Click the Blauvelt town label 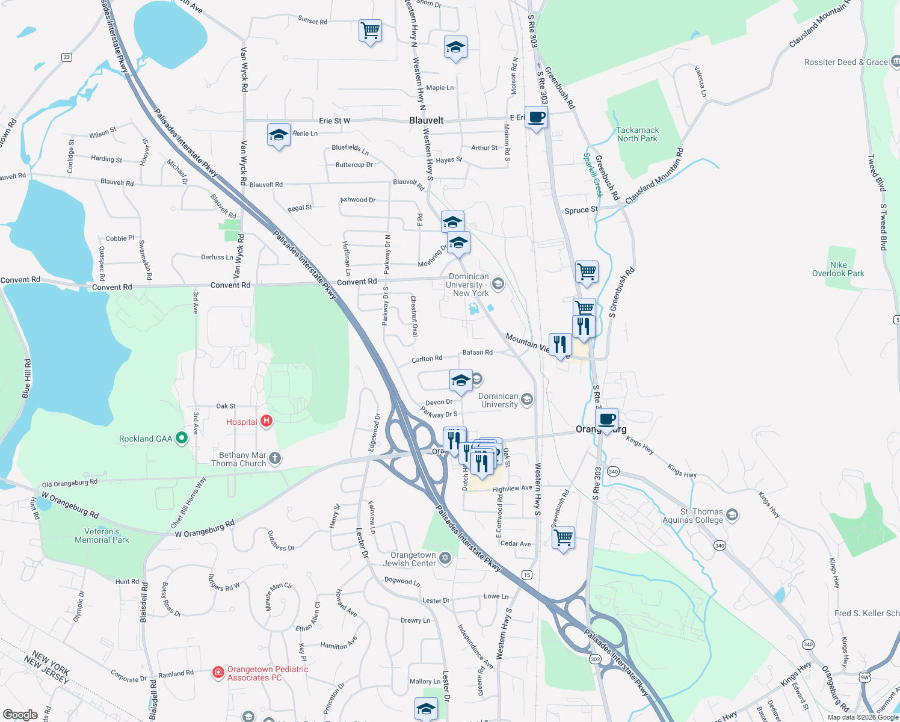tap(426, 120)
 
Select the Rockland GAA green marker tap(181, 439)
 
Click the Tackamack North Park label tap(637, 134)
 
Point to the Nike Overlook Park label tap(838, 269)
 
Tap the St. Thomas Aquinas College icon tap(732, 514)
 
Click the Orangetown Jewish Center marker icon tap(445, 558)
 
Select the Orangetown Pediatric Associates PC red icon tap(218, 672)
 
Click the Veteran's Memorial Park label tap(102, 535)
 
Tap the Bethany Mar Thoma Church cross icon tap(275, 458)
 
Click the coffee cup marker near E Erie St tap(536, 117)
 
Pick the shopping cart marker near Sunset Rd tap(370, 29)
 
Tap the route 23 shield tap(66, 57)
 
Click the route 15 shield tap(527, 575)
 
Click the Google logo tap(20, 714)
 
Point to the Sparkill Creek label tap(593, 175)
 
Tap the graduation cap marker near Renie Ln tap(279, 135)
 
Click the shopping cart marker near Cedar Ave tap(563, 537)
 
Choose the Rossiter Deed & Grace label tap(846, 62)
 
